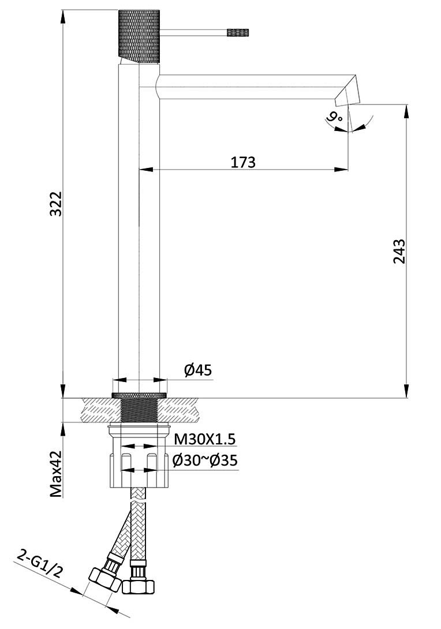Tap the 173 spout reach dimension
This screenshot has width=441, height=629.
[x=243, y=162]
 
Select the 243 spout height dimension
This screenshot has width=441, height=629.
[x=399, y=252]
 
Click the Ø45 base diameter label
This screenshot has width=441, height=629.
[x=198, y=370]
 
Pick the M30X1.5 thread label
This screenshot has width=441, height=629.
[x=204, y=439]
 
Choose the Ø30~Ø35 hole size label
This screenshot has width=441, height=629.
[x=205, y=460]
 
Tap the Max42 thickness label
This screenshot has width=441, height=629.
[x=57, y=473]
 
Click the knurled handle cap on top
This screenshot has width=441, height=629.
[x=139, y=36]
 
